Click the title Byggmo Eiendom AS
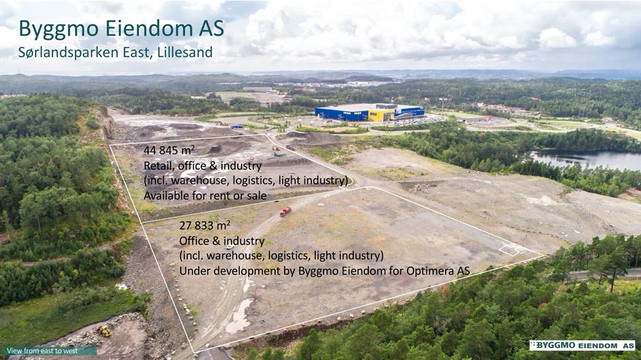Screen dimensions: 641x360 click(x=121, y=29)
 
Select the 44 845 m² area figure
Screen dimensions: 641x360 click(x=169, y=151)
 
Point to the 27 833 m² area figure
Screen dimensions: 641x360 click(x=204, y=225)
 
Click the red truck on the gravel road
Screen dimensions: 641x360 click(x=285, y=211)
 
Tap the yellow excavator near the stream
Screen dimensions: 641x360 click(x=104, y=330)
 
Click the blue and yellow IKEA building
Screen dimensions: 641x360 click(x=369, y=112)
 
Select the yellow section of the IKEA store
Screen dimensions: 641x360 click(x=381, y=114)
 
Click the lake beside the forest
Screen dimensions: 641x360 click(x=585, y=160)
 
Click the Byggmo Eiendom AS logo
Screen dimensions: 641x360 click(x=582, y=345)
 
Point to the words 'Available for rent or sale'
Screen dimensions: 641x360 click(x=205, y=196)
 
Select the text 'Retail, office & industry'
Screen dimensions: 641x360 click(x=203, y=166)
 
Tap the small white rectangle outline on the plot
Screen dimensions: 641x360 click(x=509, y=250)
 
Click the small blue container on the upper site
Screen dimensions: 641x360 click(x=237, y=127)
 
